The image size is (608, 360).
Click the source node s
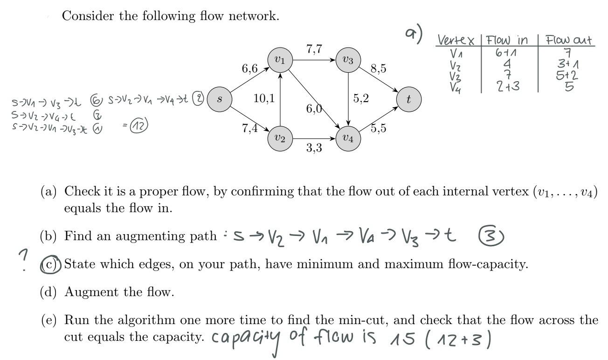tap(220, 99)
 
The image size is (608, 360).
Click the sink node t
tap(409, 99)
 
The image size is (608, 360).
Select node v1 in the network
tap(280, 60)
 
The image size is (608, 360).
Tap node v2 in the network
tap(280, 138)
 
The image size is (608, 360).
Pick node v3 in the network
tap(348, 60)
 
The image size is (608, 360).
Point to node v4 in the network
tap(348, 138)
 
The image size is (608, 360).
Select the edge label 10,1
tap(264, 99)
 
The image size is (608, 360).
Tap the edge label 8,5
tap(378, 69)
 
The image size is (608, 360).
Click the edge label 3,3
tap(314, 149)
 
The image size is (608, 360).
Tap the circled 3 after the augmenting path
tap(495, 238)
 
